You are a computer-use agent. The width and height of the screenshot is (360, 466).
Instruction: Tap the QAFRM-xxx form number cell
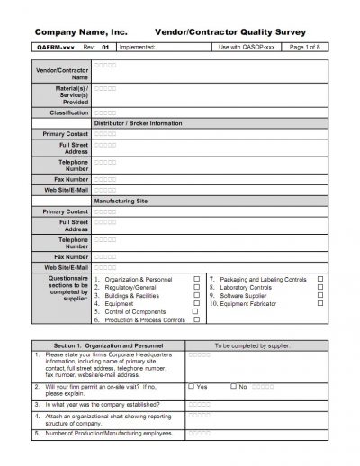tap(56, 45)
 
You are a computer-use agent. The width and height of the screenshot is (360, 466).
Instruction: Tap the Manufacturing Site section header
tap(121, 201)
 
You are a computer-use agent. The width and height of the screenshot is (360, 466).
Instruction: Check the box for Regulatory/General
tap(196, 287)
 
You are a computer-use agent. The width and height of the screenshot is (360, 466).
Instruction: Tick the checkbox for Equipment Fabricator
tap(319, 303)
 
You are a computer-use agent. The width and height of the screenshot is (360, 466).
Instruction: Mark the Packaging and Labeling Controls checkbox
tap(319, 279)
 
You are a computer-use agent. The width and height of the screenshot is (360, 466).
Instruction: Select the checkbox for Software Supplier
tap(319, 295)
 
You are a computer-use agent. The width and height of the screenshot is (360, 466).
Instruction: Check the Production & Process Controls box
tap(196, 319)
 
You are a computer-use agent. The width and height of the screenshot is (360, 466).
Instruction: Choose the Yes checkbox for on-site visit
tap(192, 386)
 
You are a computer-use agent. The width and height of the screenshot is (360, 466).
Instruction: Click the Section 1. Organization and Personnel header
tap(108, 345)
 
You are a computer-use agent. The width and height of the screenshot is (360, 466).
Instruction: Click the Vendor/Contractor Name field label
tap(62, 73)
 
